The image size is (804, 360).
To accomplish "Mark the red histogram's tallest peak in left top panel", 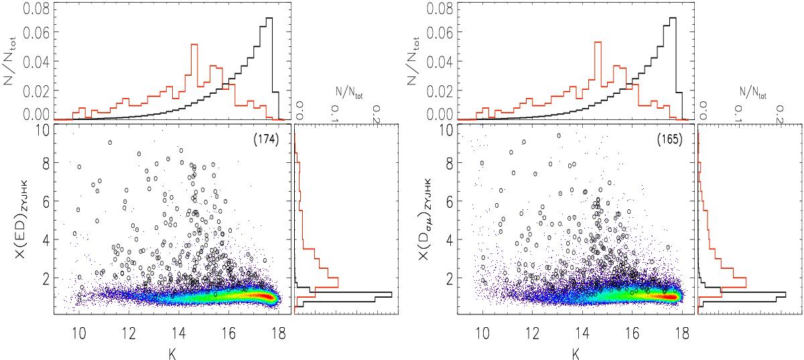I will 194,44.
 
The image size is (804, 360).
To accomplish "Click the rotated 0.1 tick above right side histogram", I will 740,109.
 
